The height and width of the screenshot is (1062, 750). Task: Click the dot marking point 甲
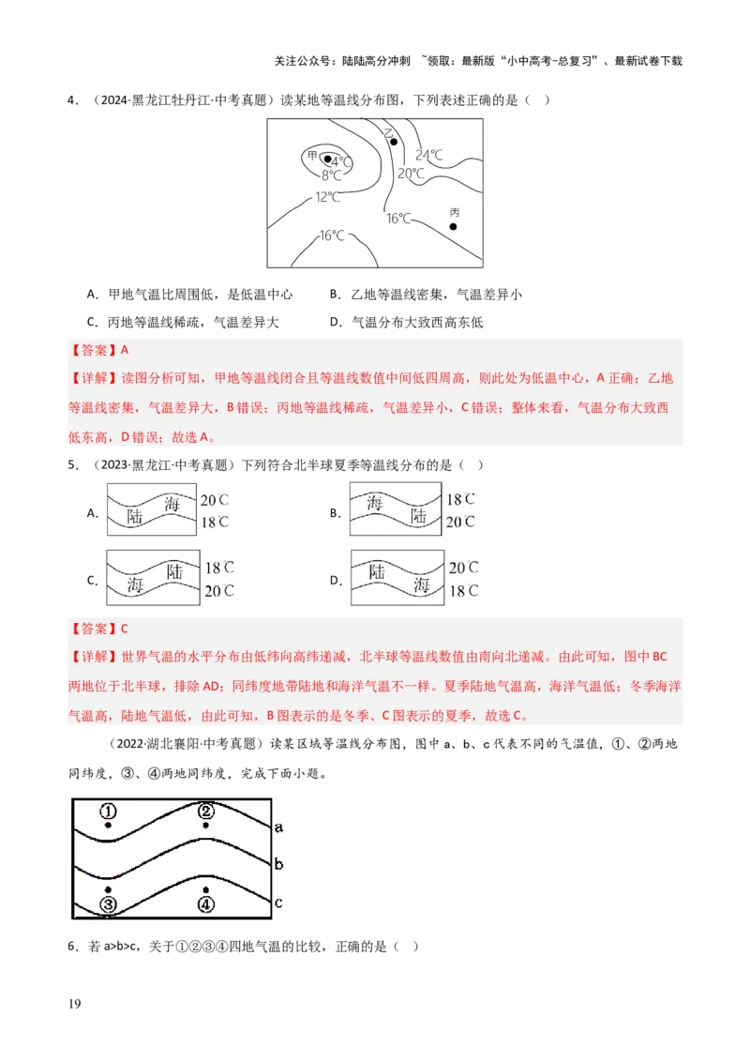327,159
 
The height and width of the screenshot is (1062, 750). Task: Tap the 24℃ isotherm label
429,155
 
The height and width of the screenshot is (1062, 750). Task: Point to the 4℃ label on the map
341,162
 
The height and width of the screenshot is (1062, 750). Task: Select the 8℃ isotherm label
331,175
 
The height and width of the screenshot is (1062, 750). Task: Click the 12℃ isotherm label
327,197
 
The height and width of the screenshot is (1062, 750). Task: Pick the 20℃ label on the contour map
411,174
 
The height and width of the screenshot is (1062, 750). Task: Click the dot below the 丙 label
453,226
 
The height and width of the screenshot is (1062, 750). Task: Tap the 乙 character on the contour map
388,133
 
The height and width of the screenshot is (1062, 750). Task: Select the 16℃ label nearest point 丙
398,219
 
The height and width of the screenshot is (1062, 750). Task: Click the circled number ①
109,811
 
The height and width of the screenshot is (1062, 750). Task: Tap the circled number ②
206,811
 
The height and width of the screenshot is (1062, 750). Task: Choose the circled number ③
109,904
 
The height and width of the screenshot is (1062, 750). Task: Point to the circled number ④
206,904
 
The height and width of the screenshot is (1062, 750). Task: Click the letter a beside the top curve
278,827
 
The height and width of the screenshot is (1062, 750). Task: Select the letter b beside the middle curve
278,863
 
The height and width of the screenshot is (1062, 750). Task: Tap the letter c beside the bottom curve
278,903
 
